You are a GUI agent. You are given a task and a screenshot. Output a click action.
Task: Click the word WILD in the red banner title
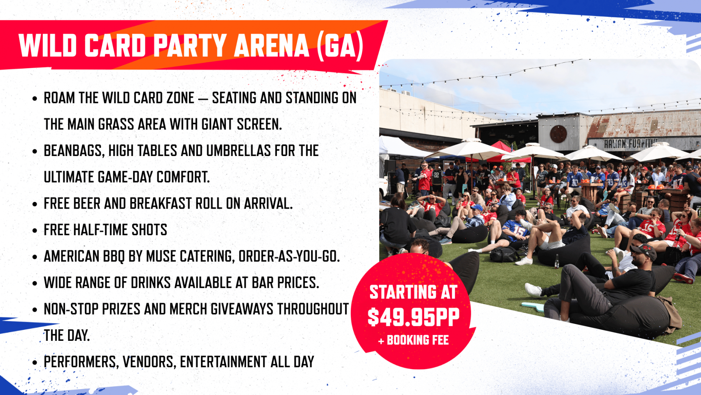pos(48,45)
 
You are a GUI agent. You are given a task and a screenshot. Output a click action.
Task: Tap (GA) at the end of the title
pos(340,46)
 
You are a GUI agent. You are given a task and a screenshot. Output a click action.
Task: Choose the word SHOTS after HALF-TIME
pos(150,230)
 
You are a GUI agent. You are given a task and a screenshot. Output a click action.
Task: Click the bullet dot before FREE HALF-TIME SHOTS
pos(35,231)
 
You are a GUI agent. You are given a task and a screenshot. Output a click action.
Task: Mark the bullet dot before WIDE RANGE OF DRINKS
pos(35,283)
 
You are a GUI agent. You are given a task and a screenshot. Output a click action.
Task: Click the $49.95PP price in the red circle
pos(414,317)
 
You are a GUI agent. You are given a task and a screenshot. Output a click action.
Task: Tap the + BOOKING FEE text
pos(414,340)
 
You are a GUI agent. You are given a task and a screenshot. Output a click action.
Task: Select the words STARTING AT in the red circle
pos(413,292)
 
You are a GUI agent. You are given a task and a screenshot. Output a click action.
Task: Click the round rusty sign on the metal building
pos(558,134)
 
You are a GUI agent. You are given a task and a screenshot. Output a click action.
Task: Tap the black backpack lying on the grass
pos(504,255)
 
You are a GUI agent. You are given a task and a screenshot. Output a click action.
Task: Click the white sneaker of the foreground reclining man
pos(533,290)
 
